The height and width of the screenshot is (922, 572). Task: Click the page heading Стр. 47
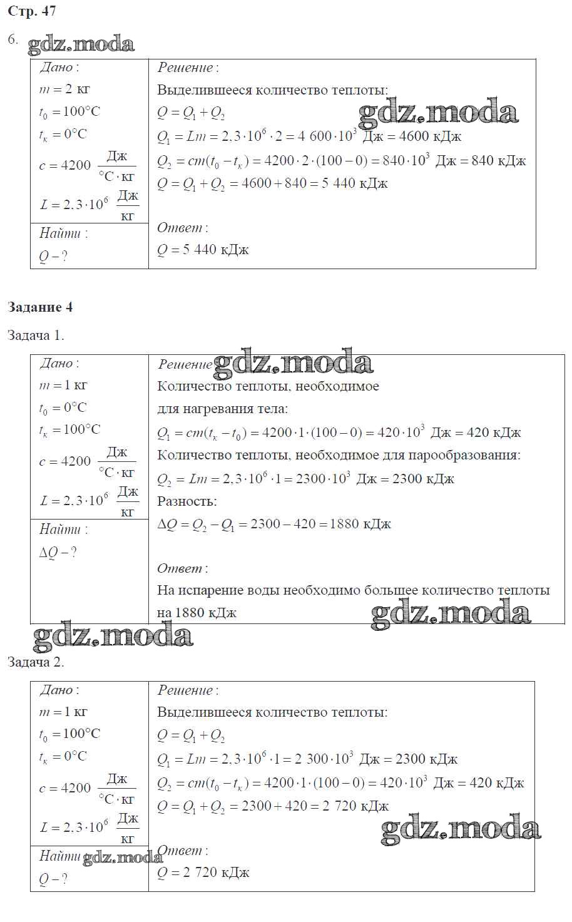32,11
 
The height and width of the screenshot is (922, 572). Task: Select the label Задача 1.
36,335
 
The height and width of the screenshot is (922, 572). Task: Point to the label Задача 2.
36,662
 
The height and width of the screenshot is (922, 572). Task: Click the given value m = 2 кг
64,90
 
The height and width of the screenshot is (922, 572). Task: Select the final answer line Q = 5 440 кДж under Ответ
203,250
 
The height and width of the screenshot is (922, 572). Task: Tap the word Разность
186,501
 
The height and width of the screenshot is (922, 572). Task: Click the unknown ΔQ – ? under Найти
58,553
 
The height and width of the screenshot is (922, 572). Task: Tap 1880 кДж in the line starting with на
206,613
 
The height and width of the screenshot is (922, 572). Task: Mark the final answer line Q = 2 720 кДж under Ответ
203,873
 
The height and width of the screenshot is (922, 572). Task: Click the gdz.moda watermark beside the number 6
81,44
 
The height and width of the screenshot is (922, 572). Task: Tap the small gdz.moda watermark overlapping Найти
122,857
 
